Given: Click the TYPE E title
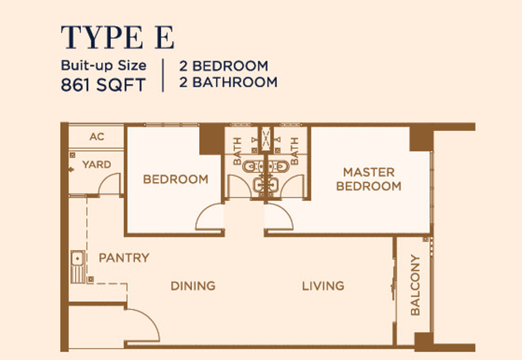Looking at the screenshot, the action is pos(117,37).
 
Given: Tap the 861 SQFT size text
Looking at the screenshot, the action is pos(103,85).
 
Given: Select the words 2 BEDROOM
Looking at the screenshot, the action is pos(224,66).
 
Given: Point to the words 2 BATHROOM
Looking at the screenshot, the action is pos(228,82).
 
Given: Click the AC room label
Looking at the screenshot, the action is pos(97,137).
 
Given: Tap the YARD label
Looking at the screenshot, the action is pos(97,164).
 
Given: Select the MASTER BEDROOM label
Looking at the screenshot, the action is pos(369,179).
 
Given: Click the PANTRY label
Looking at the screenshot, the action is pos(124,258).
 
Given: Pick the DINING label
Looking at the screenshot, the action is pos(193,286).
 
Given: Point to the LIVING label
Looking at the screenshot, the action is pos(323,286).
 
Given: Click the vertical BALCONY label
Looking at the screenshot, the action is pos(415,285).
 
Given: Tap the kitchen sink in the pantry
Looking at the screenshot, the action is pos(78,267).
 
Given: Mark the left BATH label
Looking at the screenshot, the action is pos(237,151).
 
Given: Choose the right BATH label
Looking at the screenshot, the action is pos(294,151).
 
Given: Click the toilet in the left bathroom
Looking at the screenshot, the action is pos(250,166).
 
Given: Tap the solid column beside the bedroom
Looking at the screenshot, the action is pos(211,140).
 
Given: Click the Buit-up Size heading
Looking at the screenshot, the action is pos(104,66).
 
